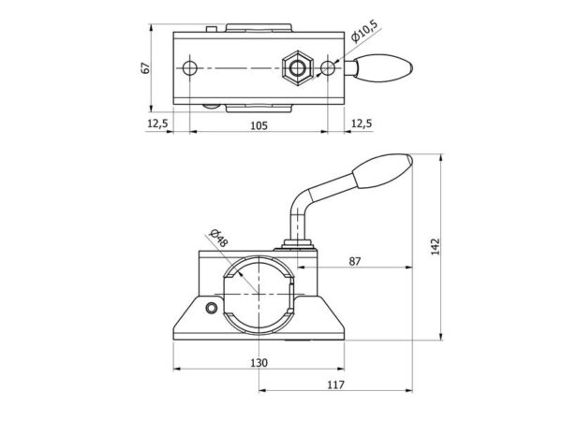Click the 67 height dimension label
click(x=145, y=68)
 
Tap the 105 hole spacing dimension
click(x=259, y=125)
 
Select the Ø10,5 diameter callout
click(x=364, y=31)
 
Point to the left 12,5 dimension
click(x=157, y=123)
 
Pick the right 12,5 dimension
click(x=362, y=123)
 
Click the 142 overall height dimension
click(x=436, y=246)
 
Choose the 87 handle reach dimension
click(x=355, y=262)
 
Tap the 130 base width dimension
click(x=259, y=363)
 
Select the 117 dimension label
click(x=336, y=385)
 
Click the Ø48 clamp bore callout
click(x=218, y=238)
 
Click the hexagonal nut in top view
click(x=298, y=67)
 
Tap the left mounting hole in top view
click(x=189, y=68)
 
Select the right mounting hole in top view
click(x=328, y=68)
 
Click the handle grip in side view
click(x=383, y=171)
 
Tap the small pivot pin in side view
click(x=212, y=308)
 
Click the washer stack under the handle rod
click(x=297, y=245)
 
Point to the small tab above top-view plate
click(x=212, y=29)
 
